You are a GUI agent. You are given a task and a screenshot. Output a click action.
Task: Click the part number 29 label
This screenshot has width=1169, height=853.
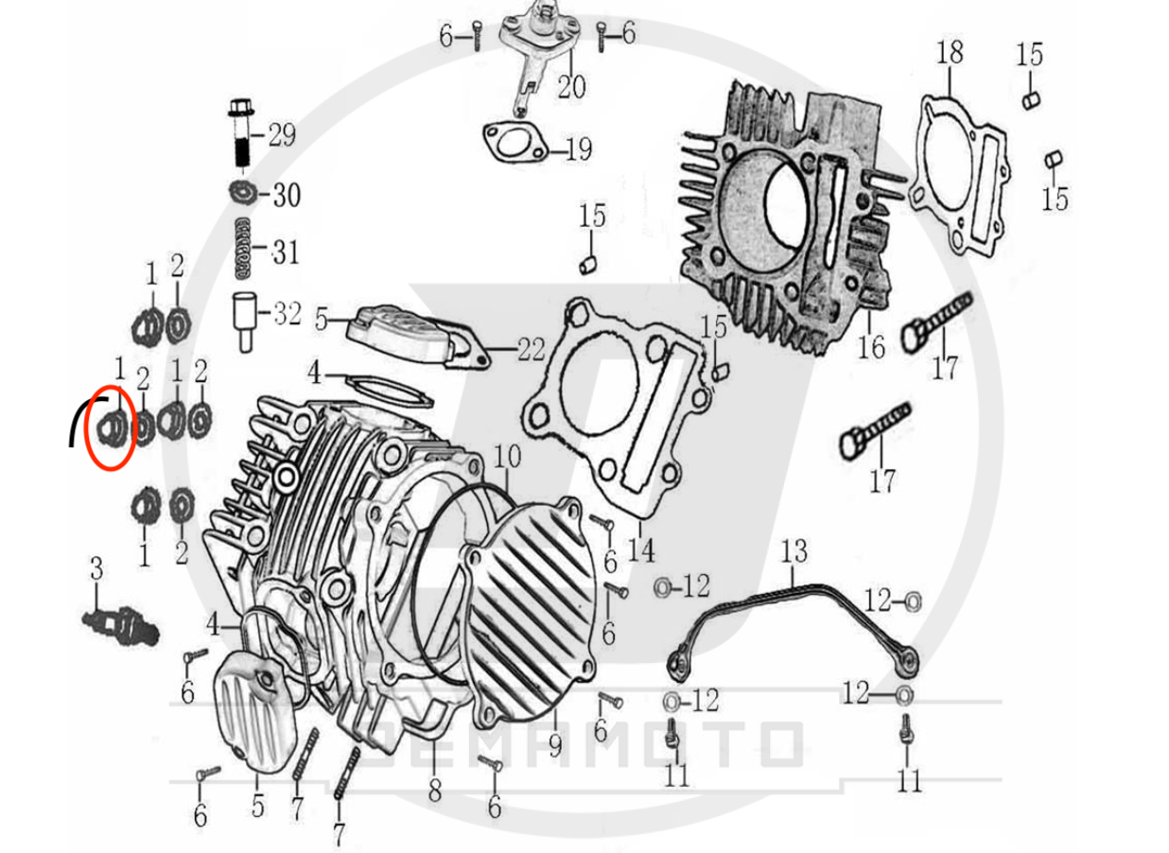(283, 135)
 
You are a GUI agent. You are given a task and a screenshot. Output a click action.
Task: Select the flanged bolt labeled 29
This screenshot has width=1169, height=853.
(241, 132)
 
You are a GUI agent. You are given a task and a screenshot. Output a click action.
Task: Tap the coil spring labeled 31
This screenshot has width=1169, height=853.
(242, 248)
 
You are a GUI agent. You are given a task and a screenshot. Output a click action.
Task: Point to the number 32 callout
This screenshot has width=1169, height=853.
(288, 314)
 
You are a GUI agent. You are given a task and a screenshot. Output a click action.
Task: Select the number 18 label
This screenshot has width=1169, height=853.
(950, 52)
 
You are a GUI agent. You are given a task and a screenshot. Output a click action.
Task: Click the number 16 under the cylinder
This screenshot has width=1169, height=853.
(871, 347)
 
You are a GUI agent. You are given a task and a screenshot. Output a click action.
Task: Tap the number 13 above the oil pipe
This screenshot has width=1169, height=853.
(794, 551)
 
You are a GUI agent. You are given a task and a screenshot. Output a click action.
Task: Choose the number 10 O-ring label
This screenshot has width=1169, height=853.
(507, 456)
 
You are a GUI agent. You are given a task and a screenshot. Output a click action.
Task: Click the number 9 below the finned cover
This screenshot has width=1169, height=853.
(555, 745)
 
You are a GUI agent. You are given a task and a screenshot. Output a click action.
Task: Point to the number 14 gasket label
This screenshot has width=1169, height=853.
(640, 550)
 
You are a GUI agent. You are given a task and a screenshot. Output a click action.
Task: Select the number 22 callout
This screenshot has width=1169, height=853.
(532, 349)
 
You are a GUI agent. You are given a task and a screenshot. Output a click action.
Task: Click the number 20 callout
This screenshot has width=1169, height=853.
(571, 86)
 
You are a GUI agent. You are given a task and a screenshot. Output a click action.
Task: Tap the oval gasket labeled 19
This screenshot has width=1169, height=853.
(515, 143)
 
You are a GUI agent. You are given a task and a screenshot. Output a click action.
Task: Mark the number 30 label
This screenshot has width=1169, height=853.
(287, 195)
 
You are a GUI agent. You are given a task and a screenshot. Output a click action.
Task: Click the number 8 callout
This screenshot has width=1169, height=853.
(435, 791)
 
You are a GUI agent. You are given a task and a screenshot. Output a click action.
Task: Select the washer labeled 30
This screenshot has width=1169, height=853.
(243, 193)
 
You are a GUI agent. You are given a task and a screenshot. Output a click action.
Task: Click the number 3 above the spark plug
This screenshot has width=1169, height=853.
(96, 568)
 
